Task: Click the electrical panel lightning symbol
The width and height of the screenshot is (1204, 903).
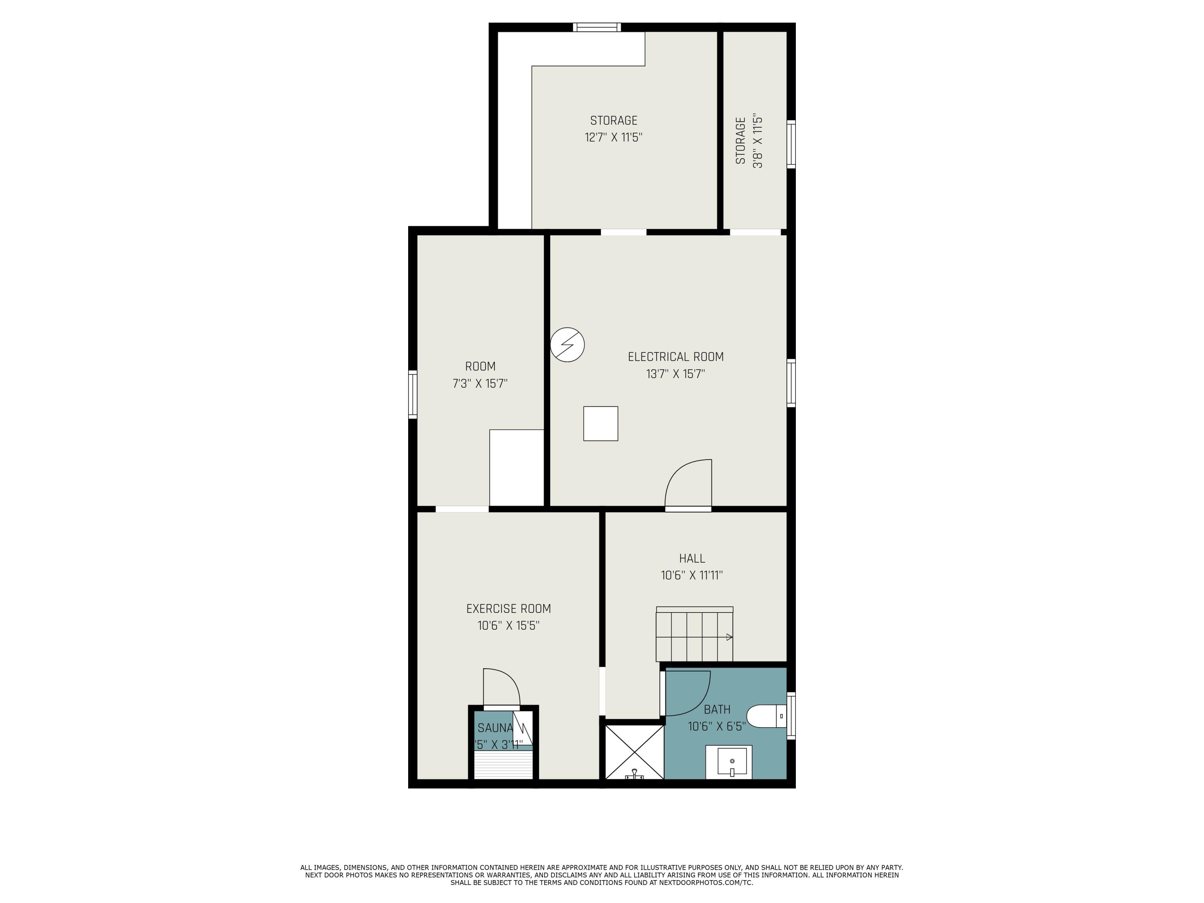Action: click(x=567, y=344)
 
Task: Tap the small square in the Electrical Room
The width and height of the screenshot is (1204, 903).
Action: click(x=600, y=423)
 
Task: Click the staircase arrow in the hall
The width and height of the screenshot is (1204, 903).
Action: click(x=729, y=637)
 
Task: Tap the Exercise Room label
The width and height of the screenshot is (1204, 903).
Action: click(x=508, y=608)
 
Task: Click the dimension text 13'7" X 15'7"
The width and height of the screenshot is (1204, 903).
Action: click(x=675, y=374)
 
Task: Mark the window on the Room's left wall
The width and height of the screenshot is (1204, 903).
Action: click(x=413, y=395)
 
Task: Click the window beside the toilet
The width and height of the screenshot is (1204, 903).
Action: click(x=791, y=716)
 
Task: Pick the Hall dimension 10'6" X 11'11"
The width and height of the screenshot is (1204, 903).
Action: click(x=692, y=576)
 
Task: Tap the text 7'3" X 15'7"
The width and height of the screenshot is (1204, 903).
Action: click(x=480, y=384)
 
